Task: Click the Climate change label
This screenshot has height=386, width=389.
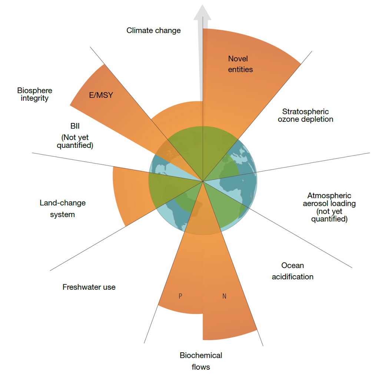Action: coord(153,30)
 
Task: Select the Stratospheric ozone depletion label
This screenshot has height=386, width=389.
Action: coord(305,115)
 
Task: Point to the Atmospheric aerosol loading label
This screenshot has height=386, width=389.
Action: coord(329,207)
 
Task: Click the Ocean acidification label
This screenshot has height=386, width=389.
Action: coord(292,271)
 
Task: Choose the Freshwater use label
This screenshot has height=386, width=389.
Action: coord(89,287)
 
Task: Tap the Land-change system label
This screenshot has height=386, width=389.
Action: coord(63,209)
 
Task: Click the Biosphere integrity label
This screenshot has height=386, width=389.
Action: coord(34,94)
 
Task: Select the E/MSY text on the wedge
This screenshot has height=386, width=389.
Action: coord(101,95)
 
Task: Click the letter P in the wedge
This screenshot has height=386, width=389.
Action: coord(180,296)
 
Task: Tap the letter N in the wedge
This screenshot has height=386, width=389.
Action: coord(224,296)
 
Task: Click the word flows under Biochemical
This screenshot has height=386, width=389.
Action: coord(201,367)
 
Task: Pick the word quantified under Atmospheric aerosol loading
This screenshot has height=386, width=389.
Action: coord(329,219)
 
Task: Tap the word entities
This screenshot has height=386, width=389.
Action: coord(240,69)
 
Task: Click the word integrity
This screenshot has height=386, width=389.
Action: coord(34,99)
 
